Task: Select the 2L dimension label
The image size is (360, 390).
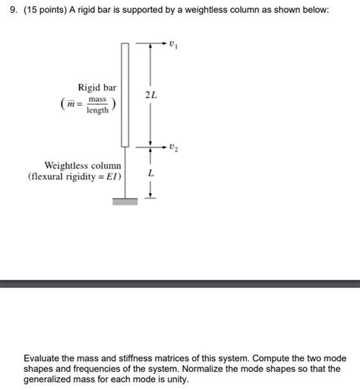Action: (152, 95)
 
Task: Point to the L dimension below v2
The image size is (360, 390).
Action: (151, 175)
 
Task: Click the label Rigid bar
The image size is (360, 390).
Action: (96, 88)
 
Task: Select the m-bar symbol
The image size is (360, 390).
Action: (69, 105)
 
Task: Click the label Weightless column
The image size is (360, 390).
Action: (83, 164)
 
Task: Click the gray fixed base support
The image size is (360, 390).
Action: (125, 201)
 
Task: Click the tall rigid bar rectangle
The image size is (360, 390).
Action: (125, 95)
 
